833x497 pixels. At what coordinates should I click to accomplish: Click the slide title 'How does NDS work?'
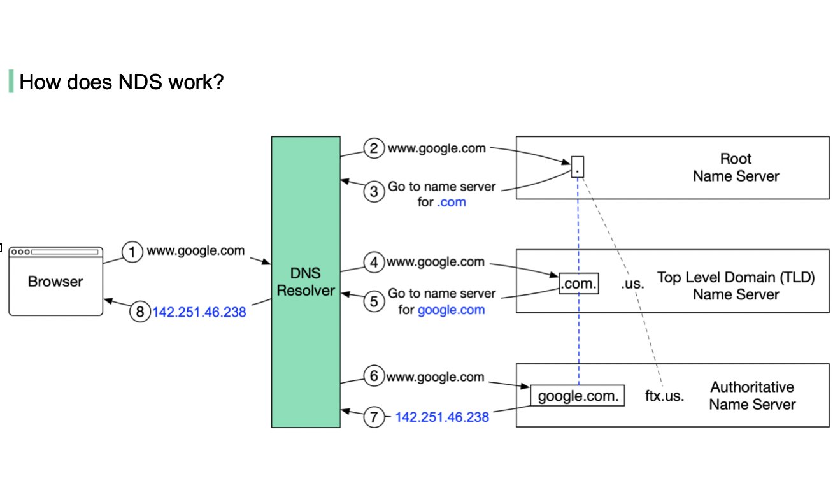coord(121,82)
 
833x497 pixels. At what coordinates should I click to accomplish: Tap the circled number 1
coord(132,252)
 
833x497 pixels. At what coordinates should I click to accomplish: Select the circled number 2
coord(374,148)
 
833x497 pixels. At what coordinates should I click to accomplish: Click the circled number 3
coord(374,191)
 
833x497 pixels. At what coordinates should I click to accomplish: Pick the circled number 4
coord(374,262)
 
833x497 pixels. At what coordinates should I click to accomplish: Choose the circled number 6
coord(374,377)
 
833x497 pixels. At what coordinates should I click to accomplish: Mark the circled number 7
coord(374,417)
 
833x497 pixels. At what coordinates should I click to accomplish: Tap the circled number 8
coord(139,312)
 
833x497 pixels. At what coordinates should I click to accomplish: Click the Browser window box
coord(55,281)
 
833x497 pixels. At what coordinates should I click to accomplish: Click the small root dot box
coord(577,167)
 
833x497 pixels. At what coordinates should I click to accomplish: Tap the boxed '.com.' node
coord(578,284)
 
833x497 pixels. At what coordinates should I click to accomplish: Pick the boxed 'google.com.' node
coord(578,396)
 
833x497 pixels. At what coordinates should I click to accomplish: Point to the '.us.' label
coord(632,284)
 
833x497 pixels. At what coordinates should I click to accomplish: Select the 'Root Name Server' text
coord(736,167)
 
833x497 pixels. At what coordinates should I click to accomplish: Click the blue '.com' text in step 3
coord(451,202)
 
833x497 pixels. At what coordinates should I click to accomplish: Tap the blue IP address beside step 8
coord(199,313)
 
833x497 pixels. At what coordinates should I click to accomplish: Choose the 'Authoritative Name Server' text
coord(752,396)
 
